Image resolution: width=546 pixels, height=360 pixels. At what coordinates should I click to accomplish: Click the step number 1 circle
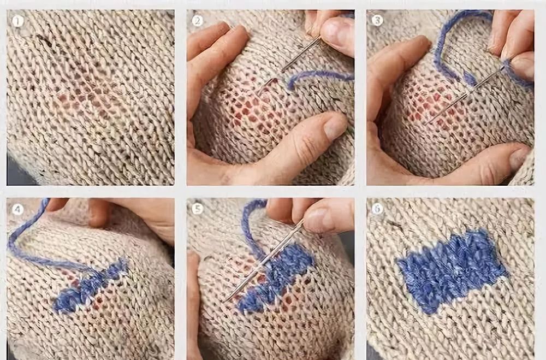pos(17,22)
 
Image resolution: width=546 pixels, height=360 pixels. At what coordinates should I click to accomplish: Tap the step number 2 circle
pos(198,21)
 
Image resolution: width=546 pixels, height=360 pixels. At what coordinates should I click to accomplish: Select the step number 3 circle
pos(377,21)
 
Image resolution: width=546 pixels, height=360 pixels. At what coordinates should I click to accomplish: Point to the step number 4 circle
pos(17,209)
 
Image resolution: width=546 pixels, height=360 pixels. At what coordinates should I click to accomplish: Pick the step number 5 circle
pos(198,209)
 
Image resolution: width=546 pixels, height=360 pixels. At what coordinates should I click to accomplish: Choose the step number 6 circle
pos(377,208)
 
